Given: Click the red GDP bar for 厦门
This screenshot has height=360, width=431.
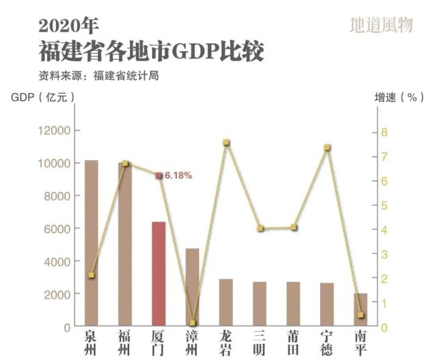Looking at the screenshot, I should click(158, 274).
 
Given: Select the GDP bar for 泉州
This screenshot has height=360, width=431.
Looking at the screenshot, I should click(91, 243).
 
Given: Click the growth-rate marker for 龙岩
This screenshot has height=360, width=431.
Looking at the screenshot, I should click(226, 143).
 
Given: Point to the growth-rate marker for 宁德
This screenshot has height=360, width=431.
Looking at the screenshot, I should click(327, 147).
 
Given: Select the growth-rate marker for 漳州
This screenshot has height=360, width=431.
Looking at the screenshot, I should click(192, 323).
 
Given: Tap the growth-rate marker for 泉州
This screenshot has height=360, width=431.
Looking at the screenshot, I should click(91, 275).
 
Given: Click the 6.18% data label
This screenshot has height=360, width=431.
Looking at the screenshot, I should click(178, 176).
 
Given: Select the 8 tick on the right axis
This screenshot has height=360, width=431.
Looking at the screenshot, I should click(385, 132).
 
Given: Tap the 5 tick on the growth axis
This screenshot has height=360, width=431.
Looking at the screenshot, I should click(385, 205).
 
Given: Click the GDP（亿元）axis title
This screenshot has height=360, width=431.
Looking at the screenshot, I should click(42, 97).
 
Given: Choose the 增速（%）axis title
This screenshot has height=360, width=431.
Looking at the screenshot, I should click(399, 97).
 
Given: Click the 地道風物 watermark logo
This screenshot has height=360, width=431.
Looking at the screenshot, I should click(381, 26).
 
